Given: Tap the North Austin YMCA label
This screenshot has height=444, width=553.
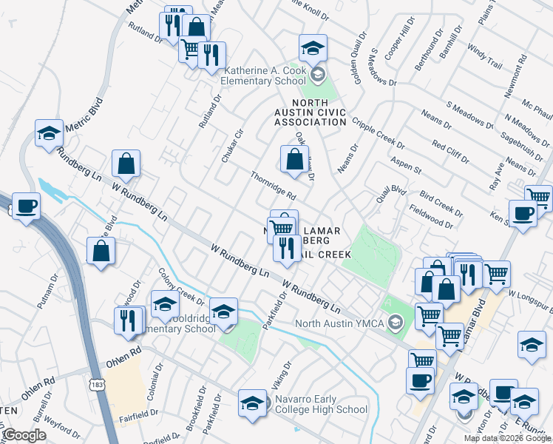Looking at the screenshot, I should click(341, 323).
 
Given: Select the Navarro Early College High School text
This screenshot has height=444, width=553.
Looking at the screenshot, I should click(321, 404).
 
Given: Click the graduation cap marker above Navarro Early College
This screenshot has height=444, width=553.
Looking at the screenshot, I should click(252, 403).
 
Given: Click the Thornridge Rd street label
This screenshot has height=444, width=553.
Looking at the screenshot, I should click(274, 186).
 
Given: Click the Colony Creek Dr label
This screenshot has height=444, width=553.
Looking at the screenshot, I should click(182, 286).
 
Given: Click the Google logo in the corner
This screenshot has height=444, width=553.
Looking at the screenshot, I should click(24, 435).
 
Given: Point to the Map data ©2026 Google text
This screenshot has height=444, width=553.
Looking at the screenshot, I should click(507, 438).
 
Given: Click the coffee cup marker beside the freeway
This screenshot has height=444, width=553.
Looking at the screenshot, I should click(26, 206).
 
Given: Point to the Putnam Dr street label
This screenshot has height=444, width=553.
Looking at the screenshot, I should click(47, 292).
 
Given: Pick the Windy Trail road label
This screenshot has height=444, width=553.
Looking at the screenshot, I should click(485, 57).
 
